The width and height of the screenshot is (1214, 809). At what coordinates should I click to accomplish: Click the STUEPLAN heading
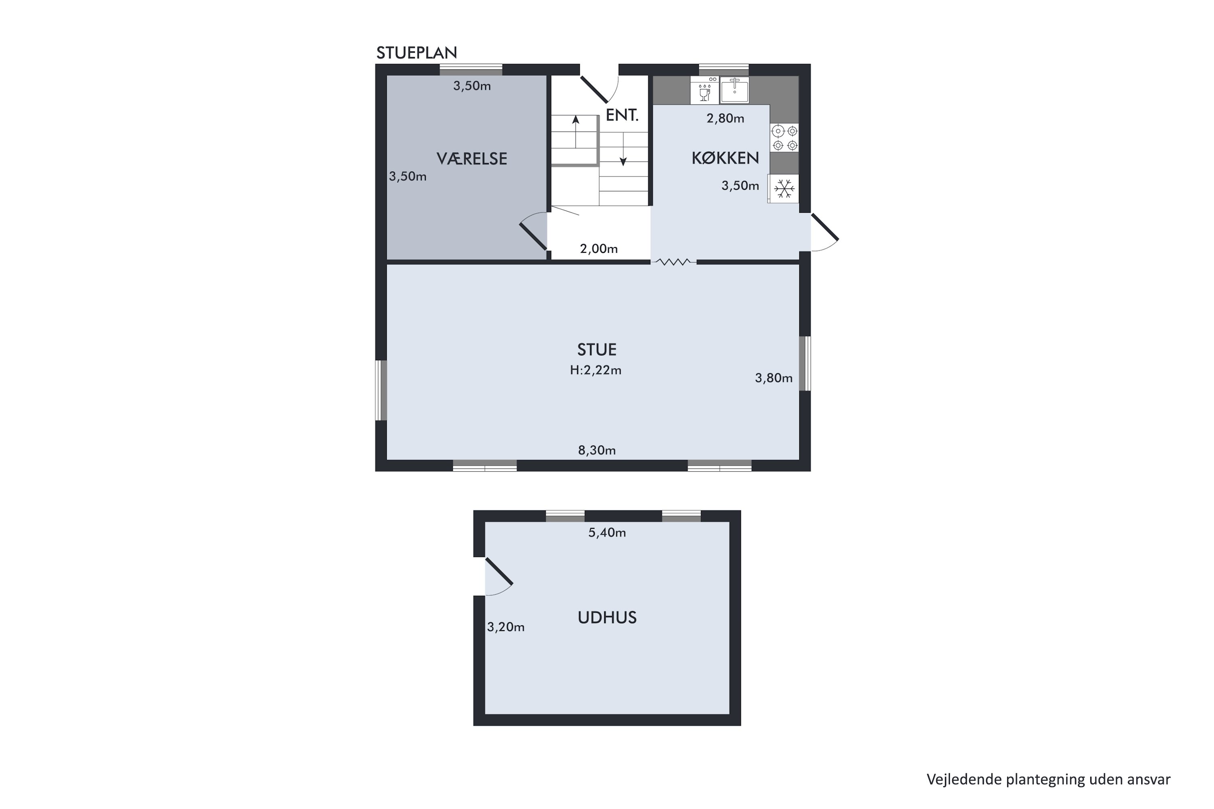click(416, 53)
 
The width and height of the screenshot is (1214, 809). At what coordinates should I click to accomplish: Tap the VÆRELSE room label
click(472, 159)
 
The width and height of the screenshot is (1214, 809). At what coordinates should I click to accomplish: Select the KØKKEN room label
click(725, 158)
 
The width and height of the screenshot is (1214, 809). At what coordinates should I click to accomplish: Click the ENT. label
click(622, 115)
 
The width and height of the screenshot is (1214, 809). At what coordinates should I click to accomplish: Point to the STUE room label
click(596, 350)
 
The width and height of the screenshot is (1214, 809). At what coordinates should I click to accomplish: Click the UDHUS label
click(607, 618)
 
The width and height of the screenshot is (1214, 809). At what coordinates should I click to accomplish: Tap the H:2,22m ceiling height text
click(596, 370)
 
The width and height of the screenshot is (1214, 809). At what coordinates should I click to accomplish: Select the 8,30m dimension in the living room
click(596, 451)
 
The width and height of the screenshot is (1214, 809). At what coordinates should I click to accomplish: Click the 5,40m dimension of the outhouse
click(607, 532)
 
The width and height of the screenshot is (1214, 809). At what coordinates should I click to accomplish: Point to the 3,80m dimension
click(774, 378)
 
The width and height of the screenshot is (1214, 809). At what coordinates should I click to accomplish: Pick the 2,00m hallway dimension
click(599, 249)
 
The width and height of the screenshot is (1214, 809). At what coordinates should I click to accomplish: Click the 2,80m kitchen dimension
click(725, 119)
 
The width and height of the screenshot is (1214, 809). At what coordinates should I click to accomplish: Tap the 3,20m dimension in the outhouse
click(506, 627)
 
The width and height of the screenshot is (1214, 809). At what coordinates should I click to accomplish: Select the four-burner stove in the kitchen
click(785, 138)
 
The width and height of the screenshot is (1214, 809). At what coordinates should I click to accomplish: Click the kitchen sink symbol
click(734, 90)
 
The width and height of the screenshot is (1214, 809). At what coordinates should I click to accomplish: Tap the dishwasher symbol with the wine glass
click(705, 90)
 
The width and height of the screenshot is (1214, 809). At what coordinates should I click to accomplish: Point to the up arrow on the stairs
click(575, 131)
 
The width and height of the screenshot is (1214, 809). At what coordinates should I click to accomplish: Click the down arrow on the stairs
click(623, 150)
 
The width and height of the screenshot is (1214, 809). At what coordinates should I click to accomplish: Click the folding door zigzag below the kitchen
click(674, 262)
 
